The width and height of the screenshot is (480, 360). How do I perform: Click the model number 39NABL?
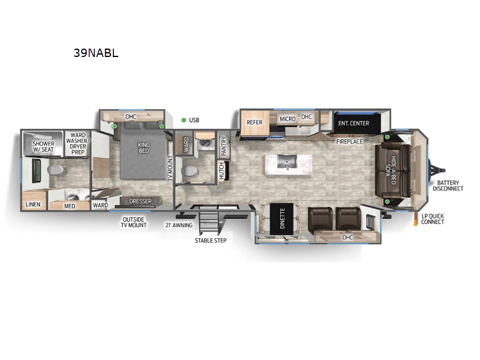coord(96,53)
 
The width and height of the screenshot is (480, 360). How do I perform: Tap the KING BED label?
coord(143,148)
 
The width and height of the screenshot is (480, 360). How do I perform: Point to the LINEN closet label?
coord(32,205)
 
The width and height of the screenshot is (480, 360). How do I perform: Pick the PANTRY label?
coord(223,145)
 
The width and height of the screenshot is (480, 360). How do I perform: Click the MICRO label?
coord(287,119)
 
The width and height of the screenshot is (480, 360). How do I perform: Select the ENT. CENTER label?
coord(353,124)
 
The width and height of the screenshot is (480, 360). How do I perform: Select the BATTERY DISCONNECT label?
coord(449,185)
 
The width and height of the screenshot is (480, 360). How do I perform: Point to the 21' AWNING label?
coord(178,226)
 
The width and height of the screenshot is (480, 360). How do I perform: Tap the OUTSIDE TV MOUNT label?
coord(133,222)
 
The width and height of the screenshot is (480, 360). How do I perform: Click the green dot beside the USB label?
coord(184,120)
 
